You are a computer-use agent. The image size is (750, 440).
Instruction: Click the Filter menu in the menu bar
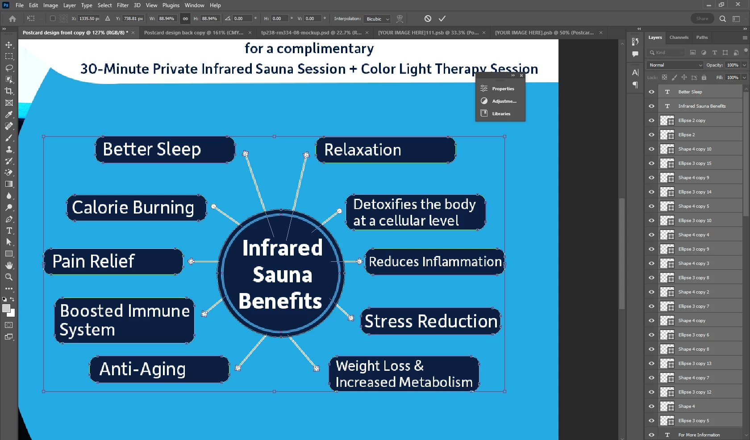pos(122,5)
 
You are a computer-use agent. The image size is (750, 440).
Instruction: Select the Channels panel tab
pos(679,37)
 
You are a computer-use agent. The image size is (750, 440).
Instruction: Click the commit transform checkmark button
pos(442,18)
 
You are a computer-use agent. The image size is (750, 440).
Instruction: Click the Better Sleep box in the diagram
pos(165,150)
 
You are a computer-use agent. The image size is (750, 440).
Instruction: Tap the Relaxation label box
pos(385,150)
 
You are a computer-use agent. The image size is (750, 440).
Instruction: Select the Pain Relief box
pos(113,261)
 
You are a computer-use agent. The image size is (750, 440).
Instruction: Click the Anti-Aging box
pos(159,369)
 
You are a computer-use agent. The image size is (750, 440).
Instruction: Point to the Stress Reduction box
pos(431,321)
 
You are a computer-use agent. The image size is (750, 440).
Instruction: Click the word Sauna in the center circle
pos(283,275)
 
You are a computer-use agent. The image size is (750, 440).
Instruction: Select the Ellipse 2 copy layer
pos(692,120)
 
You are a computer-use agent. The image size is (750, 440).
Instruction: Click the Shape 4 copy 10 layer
pos(695,149)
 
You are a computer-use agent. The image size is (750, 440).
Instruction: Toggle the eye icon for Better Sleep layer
pos(652,92)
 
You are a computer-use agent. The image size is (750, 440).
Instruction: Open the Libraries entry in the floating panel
pos(501,113)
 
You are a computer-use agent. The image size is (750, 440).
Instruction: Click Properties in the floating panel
pos(503,88)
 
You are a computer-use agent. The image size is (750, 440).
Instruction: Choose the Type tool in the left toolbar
pos(9,230)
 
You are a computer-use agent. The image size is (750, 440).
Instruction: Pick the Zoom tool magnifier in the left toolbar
pos(9,277)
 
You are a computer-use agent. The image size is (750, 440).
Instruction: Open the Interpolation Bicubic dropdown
pos(377,19)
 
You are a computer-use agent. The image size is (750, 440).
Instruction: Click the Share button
pos(702,19)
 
